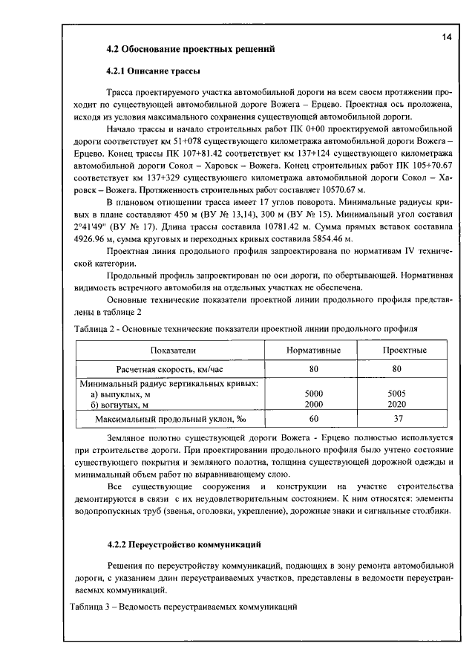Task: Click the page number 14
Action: click(x=446, y=36)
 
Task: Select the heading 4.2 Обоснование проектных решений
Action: click(x=191, y=50)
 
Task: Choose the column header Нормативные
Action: click(x=313, y=350)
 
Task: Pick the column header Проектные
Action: click(x=404, y=350)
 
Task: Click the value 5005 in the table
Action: click(x=399, y=394)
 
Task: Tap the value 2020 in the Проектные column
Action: click(x=399, y=405)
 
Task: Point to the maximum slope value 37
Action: click(x=398, y=420)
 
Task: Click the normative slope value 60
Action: click(x=314, y=420)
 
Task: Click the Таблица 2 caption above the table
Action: click(x=245, y=327)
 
